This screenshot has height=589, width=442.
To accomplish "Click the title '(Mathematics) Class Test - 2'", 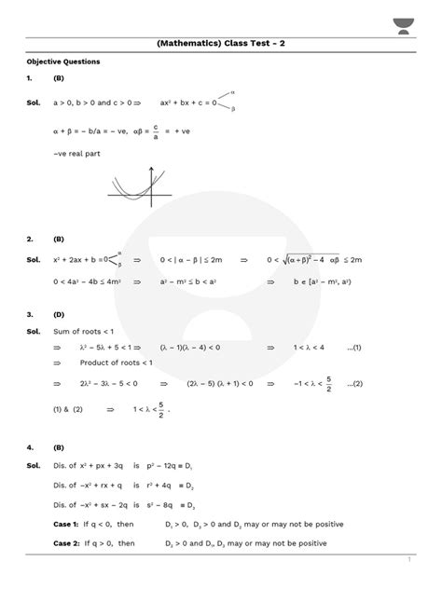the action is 221,43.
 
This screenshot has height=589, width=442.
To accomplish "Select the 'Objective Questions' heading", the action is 63,62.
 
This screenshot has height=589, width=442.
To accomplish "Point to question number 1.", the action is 31,79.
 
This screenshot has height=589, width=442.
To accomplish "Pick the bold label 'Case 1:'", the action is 68,525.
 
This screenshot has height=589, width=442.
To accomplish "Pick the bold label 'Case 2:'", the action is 68,542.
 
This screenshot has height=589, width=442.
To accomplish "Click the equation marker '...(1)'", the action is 354,347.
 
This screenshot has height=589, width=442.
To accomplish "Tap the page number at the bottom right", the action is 409,559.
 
